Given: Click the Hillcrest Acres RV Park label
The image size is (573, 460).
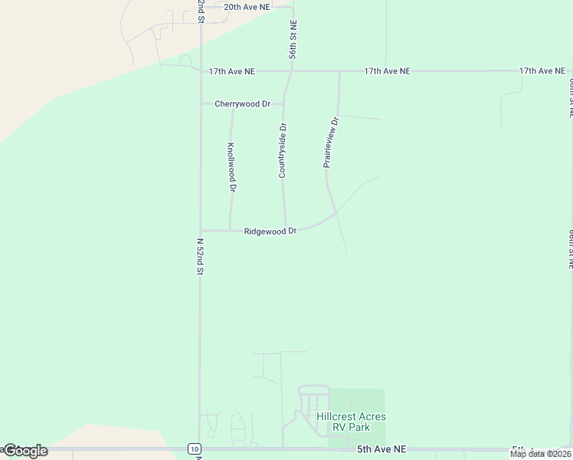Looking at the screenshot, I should click(x=351, y=422).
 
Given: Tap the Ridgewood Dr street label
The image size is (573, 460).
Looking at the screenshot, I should click(x=270, y=231).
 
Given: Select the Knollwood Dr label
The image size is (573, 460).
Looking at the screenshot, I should click(x=231, y=167).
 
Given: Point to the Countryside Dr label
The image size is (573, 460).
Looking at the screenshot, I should click(x=282, y=150).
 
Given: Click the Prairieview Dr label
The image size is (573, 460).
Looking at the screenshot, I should click(x=330, y=143).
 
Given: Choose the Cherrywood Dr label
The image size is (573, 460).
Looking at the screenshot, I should click(x=243, y=103).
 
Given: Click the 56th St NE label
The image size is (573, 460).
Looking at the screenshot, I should click(x=293, y=39).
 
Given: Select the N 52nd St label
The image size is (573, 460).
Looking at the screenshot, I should click(x=200, y=257).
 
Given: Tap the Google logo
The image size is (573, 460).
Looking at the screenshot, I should click(x=25, y=451).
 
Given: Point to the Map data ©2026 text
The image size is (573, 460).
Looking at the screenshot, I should click(x=540, y=454).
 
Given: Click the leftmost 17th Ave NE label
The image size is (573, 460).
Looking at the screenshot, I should click(x=232, y=71).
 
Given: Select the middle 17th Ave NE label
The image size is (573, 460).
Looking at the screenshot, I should click(x=387, y=71).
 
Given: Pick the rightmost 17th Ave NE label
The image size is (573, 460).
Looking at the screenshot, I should click(x=542, y=71).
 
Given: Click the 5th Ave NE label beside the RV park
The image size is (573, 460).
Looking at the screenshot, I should click(x=381, y=449).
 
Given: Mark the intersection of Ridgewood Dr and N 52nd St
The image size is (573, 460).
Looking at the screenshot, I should click(x=201, y=230).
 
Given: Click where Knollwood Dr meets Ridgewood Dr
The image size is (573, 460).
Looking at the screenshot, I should click(x=231, y=230).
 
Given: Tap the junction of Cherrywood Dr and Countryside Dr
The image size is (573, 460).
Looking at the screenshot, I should click(x=284, y=103).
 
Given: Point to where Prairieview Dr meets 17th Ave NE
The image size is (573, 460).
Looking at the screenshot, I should click(x=339, y=71).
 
